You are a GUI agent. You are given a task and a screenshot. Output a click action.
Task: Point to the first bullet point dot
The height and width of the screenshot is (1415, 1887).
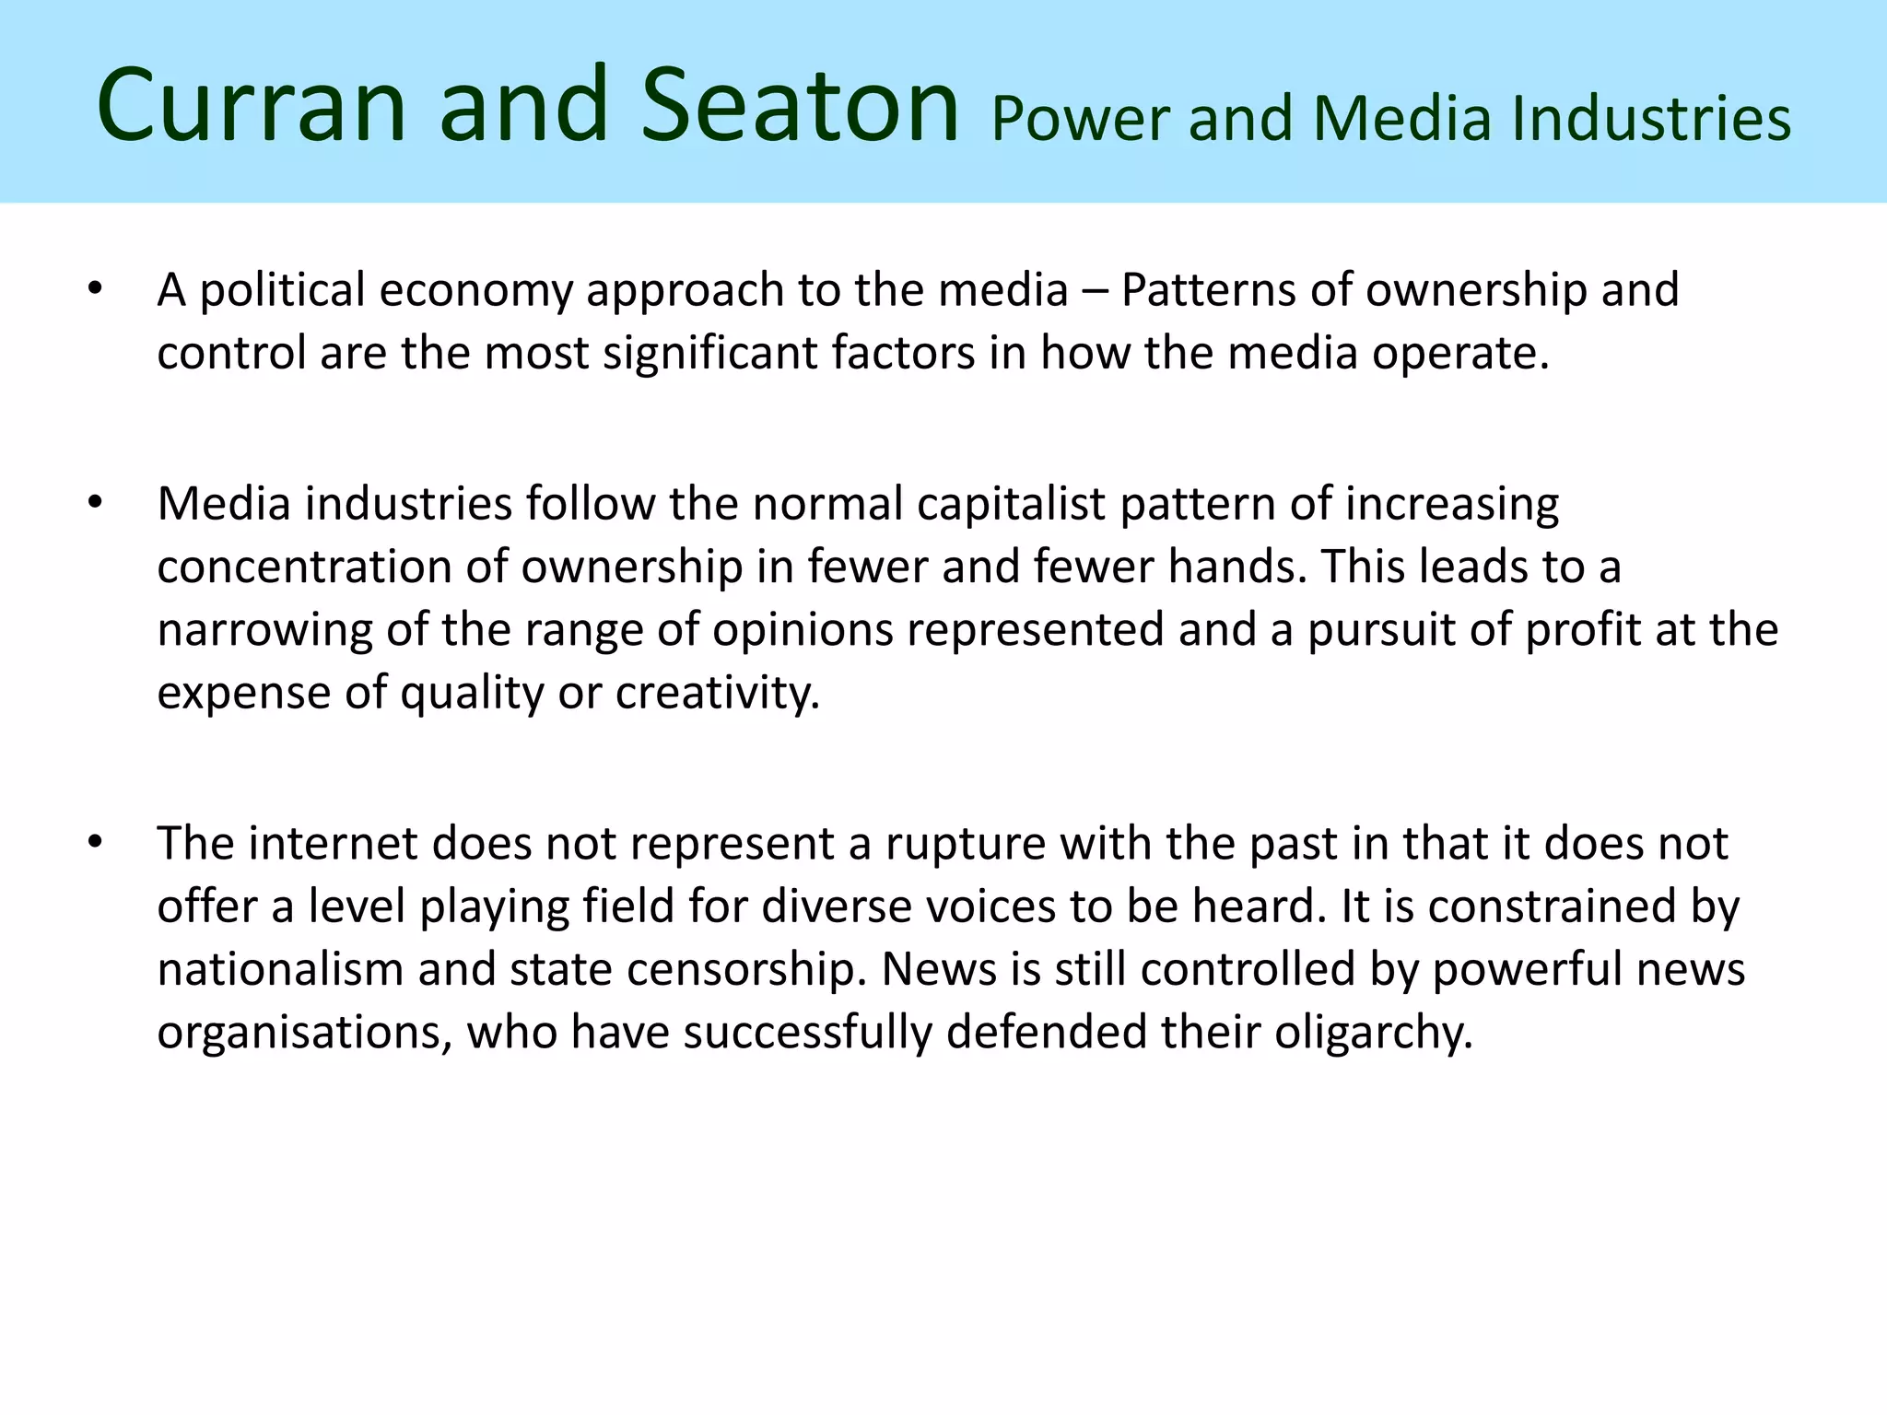pos(95,290)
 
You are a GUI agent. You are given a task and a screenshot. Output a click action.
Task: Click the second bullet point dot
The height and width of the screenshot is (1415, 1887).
pos(95,504)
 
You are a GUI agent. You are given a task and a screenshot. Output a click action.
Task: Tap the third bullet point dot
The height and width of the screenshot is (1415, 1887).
pos(95,843)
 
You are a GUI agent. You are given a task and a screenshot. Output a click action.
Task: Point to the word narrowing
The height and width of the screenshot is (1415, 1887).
pos(264,631)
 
